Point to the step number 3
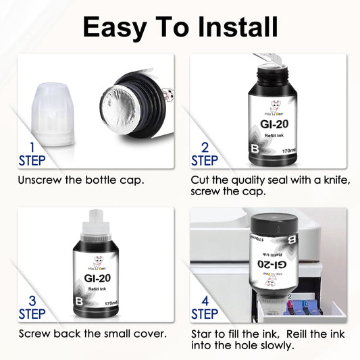click(27, 300)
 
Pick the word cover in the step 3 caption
click(140, 333)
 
